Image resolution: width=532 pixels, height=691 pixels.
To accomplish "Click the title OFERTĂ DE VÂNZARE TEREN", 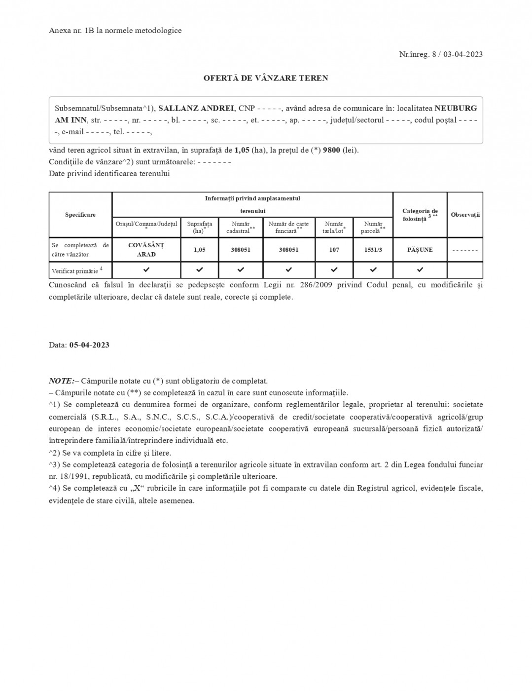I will [x=266, y=78].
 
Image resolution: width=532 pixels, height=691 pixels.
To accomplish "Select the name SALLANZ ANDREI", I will [x=196, y=108].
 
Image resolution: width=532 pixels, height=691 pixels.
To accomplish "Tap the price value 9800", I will [x=331, y=150].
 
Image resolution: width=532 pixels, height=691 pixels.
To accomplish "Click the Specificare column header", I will [x=80, y=215].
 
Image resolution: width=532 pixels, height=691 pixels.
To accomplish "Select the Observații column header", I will [x=465, y=215].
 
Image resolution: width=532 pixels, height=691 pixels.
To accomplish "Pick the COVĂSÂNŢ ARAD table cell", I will [x=146, y=250].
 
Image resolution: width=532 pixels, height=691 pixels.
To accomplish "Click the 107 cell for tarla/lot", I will [x=334, y=250].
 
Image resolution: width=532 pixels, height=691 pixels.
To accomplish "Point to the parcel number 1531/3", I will [x=373, y=250].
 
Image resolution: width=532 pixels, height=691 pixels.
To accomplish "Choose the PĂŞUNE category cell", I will [x=420, y=250].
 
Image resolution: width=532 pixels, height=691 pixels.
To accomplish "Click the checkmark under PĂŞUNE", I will [x=420, y=270].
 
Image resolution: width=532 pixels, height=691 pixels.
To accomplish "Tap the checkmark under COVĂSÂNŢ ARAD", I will [x=146, y=270].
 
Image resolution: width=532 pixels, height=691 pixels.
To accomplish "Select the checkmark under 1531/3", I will [x=373, y=270].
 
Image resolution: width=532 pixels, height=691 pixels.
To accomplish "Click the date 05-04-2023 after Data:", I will [x=89, y=345].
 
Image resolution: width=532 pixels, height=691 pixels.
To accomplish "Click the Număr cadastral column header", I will [x=241, y=228].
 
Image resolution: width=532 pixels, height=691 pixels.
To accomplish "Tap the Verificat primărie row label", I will [x=76, y=270].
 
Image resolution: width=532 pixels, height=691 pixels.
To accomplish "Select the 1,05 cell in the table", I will [x=200, y=250].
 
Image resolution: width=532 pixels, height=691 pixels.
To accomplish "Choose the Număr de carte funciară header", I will [x=288, y=228].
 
